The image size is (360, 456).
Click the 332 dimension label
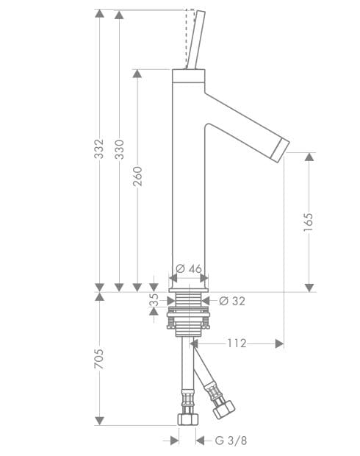[x=98, y=149]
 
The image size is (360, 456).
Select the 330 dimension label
[x=119, y=149]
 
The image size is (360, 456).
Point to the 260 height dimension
[x=137, y=177]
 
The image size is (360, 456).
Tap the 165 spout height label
[x=309, y=222]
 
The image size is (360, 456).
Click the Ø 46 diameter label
[x=189, y=268]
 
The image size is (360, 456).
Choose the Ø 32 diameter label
[x=232, y=301]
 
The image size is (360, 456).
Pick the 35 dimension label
[x=154, y=300]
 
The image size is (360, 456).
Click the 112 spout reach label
[x=237, y=343]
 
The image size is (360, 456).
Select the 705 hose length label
[x=98, y=359]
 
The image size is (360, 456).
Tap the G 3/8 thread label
[x=231, y=441]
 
